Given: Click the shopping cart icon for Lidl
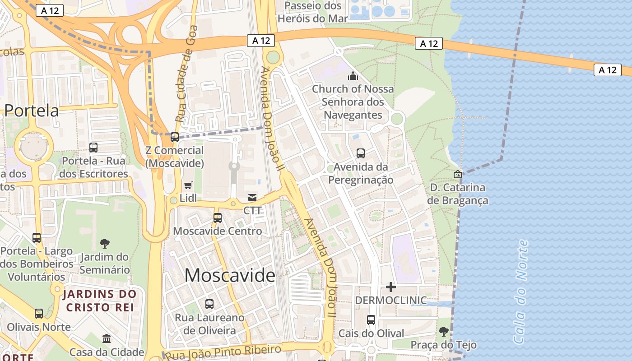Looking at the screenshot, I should tap(188, 185).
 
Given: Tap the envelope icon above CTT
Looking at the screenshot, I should tap(252, 198).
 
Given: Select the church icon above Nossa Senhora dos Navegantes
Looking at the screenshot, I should tap(353, 76).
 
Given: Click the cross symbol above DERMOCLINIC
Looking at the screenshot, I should tap(391, 287).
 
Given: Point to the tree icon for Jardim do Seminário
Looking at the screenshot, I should tap(105, 244).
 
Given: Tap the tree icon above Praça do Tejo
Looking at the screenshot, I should tap(444, 332).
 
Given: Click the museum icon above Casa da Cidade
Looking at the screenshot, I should tap(107, 338).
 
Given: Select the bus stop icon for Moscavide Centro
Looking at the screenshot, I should tap(217, 218).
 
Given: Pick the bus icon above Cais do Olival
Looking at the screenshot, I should tap(371, 320).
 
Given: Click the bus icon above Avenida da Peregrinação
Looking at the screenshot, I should tap(361, 153).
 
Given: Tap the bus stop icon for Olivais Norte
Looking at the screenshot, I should tap(39, 313).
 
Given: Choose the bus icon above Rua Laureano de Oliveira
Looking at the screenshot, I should tap(209, 304).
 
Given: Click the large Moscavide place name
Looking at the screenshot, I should tap(230, 275).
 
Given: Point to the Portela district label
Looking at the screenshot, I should tap(32, 111).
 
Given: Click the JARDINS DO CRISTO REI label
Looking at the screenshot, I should tap(100, 301).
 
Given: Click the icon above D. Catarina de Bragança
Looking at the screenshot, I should tap(458, 174).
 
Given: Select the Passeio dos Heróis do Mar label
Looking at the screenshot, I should tap(313, 12).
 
